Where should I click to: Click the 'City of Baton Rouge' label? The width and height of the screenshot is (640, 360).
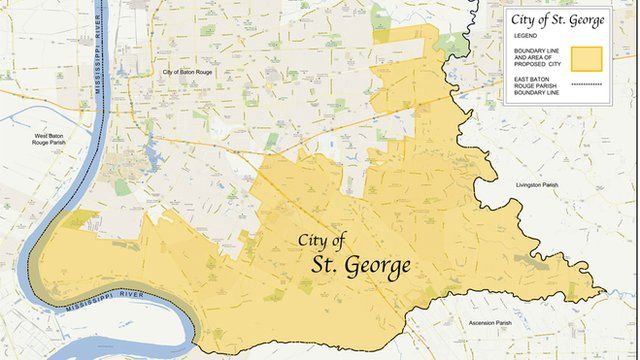click(190, 72)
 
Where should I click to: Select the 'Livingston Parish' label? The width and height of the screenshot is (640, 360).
click(542, 185)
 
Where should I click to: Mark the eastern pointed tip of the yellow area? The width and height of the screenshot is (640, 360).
click(605, 293)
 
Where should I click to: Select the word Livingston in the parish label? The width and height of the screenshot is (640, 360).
click(533, 185)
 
